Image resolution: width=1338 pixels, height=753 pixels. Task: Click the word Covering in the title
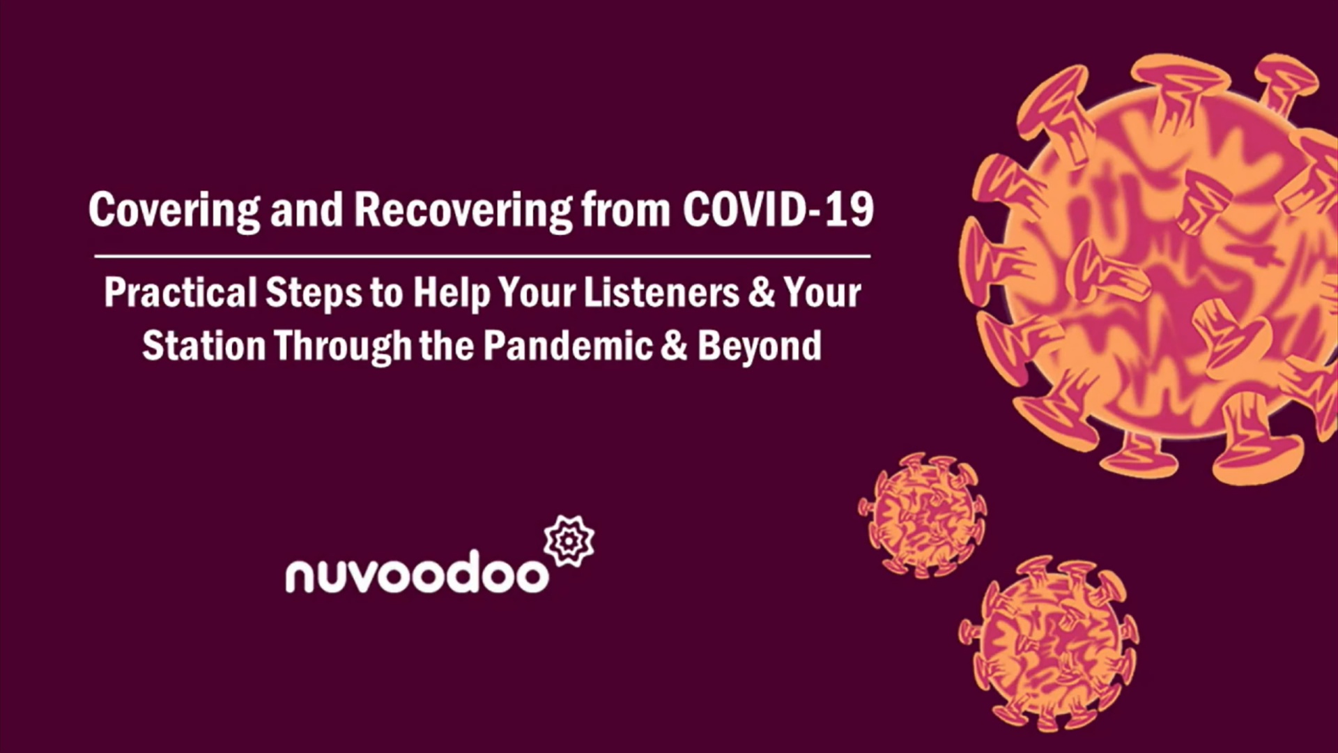pyautogui.click(x=174, y=210)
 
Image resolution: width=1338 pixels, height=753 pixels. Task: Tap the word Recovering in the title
pyautogui.click(x=463, y=210)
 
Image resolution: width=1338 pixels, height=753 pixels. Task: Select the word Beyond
pyautogui.click(x=760, y=347)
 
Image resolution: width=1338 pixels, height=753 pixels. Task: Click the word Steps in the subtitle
pyautogui.click(x=314, y=294)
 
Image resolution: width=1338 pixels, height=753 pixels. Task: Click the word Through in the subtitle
pyautogui.click(x=343, y=347)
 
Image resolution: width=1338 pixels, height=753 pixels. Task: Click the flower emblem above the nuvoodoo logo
pyautogui.click(x=569, y=540)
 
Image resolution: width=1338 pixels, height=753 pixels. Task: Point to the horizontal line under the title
pyautogui.click(x=482, y=257)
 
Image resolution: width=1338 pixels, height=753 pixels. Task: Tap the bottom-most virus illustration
pyautogui.click(x=1049, y=643)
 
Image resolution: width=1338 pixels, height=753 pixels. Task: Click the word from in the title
pyautogui.click(x=626, y=210)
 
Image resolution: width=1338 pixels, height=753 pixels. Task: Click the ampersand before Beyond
pyautogui.click(x=674, y=346)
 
